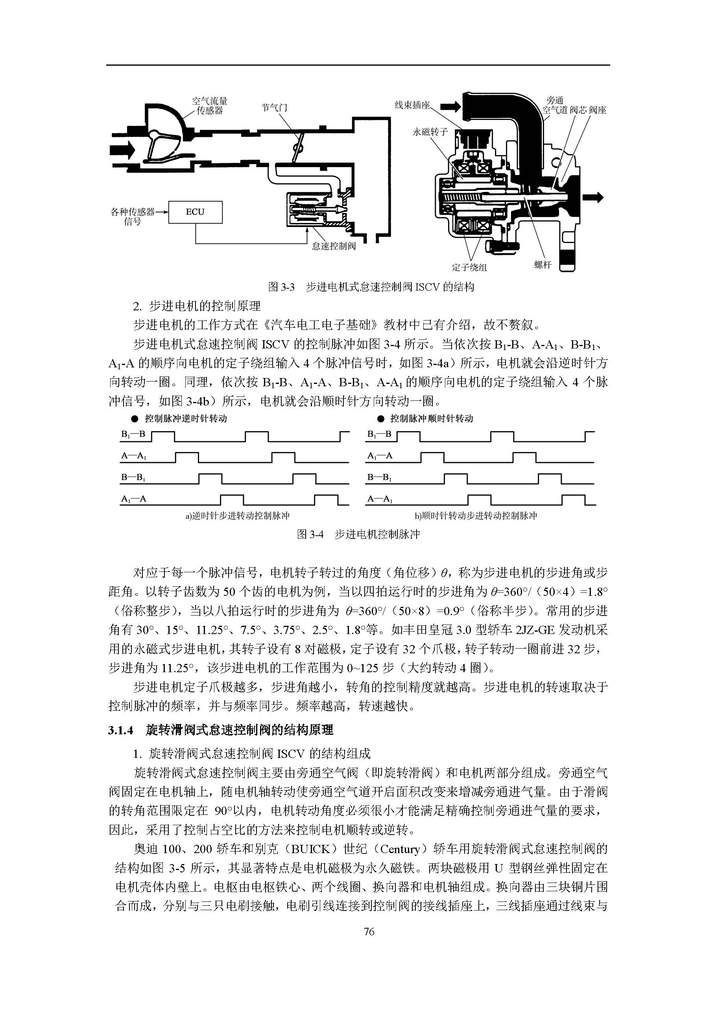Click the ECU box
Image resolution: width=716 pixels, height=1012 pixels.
point(195,212)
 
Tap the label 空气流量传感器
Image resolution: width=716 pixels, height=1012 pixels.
point(209,106)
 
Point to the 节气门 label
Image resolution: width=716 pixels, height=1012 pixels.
point(274,107)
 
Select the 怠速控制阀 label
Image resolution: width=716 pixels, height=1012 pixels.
point(334,246)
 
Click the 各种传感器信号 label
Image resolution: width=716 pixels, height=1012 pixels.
point(133,216)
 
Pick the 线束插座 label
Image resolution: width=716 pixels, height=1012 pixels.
point(412,105)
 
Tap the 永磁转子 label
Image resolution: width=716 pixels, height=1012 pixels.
point(430,132)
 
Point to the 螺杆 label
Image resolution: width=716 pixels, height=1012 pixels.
point(543,264)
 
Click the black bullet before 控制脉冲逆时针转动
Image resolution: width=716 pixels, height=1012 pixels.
point(135,418)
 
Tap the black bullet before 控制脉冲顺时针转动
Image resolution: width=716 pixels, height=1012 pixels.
point(380,418)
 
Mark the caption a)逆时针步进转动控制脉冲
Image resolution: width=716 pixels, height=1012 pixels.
point(237,515)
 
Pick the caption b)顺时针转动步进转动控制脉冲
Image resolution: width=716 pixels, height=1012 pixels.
point(476,515)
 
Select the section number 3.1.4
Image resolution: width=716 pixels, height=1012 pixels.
point(120,730)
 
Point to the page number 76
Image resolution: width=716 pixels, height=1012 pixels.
point(369,931)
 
